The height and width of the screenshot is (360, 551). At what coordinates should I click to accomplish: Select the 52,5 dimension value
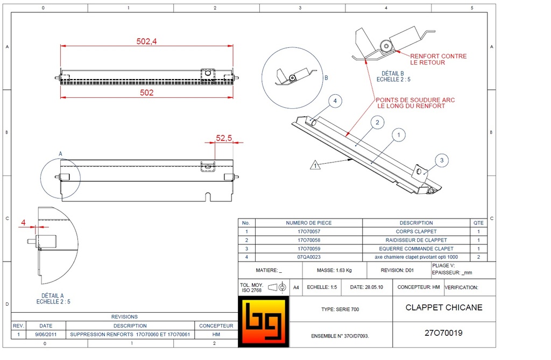pyautogui.click(x=223, y=138)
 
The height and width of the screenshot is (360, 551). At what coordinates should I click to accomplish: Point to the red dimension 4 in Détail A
pyautogui.click(x=23, y=222)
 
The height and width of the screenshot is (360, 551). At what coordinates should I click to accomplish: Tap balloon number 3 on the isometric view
pyautogui.click(x=441, y=160)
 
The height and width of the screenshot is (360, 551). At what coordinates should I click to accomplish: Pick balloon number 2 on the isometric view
pyautogui.click(x=377, y=123)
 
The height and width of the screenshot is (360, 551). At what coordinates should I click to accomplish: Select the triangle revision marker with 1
pyautogui.click(x=316, y=165)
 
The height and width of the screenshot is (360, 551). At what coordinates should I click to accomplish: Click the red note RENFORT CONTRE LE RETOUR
pyautogui.click(x=438, y=59)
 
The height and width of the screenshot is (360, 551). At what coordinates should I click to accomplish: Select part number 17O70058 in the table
pyautogui.click(x=308, y=240)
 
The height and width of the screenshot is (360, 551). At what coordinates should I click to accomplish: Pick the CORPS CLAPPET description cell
pyautogui.click(x=416, y=231)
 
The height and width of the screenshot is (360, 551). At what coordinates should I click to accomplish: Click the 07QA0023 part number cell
pyautogui.click(x=308, y=257)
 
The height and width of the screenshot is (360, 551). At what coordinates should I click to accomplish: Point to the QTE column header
pyautogui.click(x=478, y=223)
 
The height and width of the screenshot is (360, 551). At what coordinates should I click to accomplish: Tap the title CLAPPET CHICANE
pyautogui.click(x=443, y=308)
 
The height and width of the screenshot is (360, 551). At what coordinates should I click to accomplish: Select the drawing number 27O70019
pyautogui.click(x=443, y=333)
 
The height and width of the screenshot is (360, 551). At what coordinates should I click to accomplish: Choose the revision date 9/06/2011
pyautogui.click(x=46, y=334)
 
